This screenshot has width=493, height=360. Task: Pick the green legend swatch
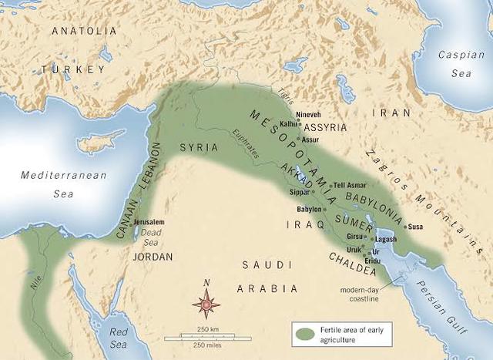pyautogui.click(x=304, y=335)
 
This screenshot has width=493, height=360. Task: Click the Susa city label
pyautogui.click(x=415, y=227)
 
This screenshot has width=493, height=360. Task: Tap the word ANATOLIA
pyautogui.click(x=84, y=32)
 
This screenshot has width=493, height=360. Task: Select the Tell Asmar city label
pyautogui.click(x=350, y=185)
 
